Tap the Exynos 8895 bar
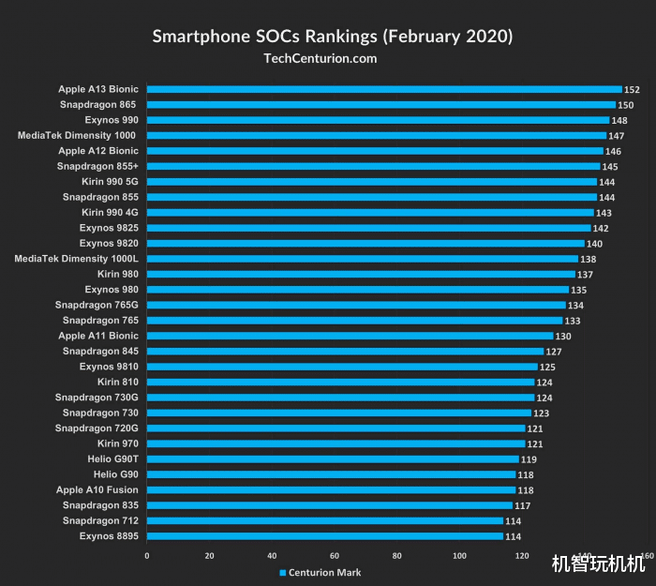tap(325, 536)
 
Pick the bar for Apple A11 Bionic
tap(350, 336)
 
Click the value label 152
tap(633, 90)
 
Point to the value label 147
tap(617, 136)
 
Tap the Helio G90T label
tap(112, 458)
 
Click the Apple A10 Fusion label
tap(97, 489)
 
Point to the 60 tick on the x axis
tap(335, 556)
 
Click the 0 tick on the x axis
tap(147, 556)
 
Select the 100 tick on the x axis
tap(459, 556)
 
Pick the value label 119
tap(529, 459)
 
